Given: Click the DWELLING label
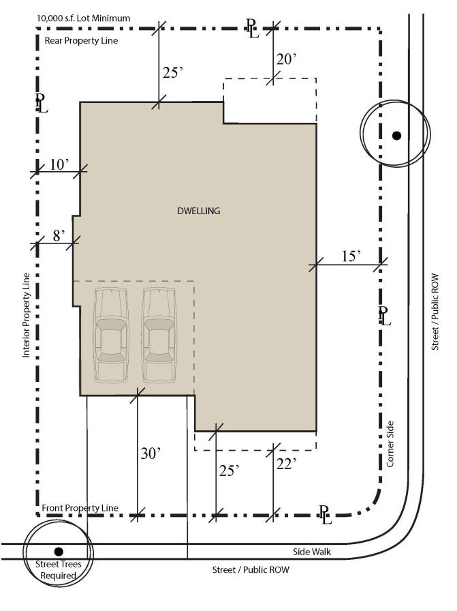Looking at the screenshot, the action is tap(198, 211).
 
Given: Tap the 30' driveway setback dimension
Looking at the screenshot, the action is tap(151, 453).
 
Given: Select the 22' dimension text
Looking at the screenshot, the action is tap(287, 463).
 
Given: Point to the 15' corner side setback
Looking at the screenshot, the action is tap(351, 256).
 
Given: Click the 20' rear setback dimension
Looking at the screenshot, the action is tap(287, 59).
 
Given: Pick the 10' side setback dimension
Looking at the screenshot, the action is tap(59, 164).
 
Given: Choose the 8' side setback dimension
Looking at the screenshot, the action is tap(59, 235).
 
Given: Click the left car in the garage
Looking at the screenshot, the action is tap(111, 335).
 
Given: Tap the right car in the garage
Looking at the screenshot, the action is tap(158, 335).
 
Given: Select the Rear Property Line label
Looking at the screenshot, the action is tap(81, 40).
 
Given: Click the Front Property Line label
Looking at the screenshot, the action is tap(80, 508).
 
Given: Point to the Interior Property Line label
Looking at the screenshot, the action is tap(26, 315).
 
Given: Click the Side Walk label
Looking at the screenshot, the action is tap(312, 552).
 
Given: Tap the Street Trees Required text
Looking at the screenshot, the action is tap(59, 569).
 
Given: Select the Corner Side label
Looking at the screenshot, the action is tap(390, 444).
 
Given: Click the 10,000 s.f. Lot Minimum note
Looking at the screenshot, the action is tap(83, 18).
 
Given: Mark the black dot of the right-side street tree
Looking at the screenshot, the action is tap(396, 136).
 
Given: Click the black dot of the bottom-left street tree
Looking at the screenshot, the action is tap(59, 552).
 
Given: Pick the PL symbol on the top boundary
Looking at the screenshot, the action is tap(253, 28).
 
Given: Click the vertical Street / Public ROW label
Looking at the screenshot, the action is tap(435, 312).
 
